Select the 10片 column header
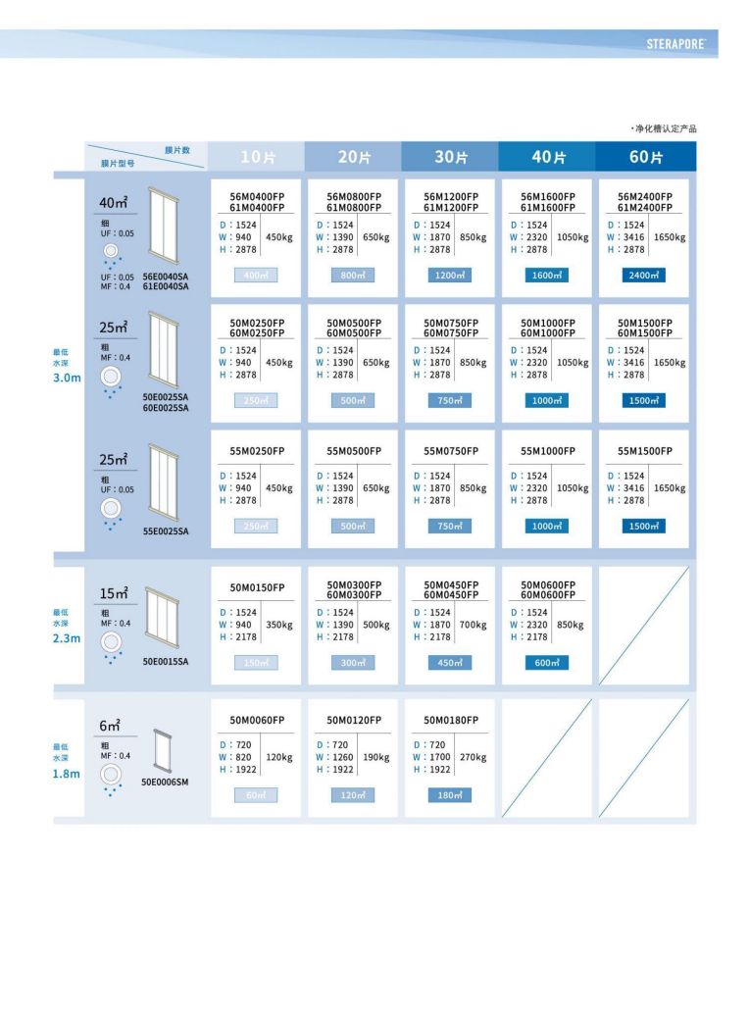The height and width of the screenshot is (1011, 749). point(257,157)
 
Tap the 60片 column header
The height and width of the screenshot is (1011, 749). point(646,157)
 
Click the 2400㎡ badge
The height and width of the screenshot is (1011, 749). point(644,276)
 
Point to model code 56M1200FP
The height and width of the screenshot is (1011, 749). point(451,196)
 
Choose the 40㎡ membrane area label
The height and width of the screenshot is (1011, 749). point(114,204)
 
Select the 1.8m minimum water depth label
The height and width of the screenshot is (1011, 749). point(67,774)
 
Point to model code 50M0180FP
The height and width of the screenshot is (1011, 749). point(451,720)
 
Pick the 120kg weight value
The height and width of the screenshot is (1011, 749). point(279,757)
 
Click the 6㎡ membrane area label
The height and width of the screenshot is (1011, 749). point(110,727)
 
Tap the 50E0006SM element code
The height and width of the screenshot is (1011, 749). point(166,784)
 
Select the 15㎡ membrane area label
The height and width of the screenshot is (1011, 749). point(114,593)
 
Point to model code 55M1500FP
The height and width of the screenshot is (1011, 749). point(644,451)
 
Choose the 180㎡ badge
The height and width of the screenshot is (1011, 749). point(450,795)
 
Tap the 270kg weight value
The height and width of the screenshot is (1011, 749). point(473,757)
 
